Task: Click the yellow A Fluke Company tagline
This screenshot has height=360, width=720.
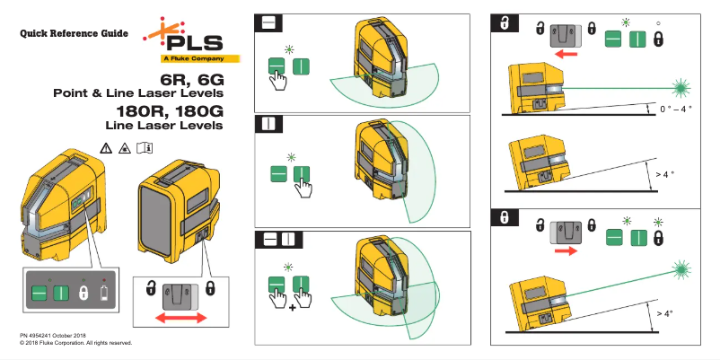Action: click(x=191, y=59)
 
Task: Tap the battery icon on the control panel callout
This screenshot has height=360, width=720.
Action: click(x=106, y=294)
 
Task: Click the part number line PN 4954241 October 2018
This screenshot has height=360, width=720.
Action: click(x=60, y=335)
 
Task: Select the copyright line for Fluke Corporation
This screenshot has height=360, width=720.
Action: click(x=76, y=343)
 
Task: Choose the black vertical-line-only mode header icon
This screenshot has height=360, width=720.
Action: click(x=268, y=125)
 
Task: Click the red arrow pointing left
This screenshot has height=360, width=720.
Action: click(x=566, y=53)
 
